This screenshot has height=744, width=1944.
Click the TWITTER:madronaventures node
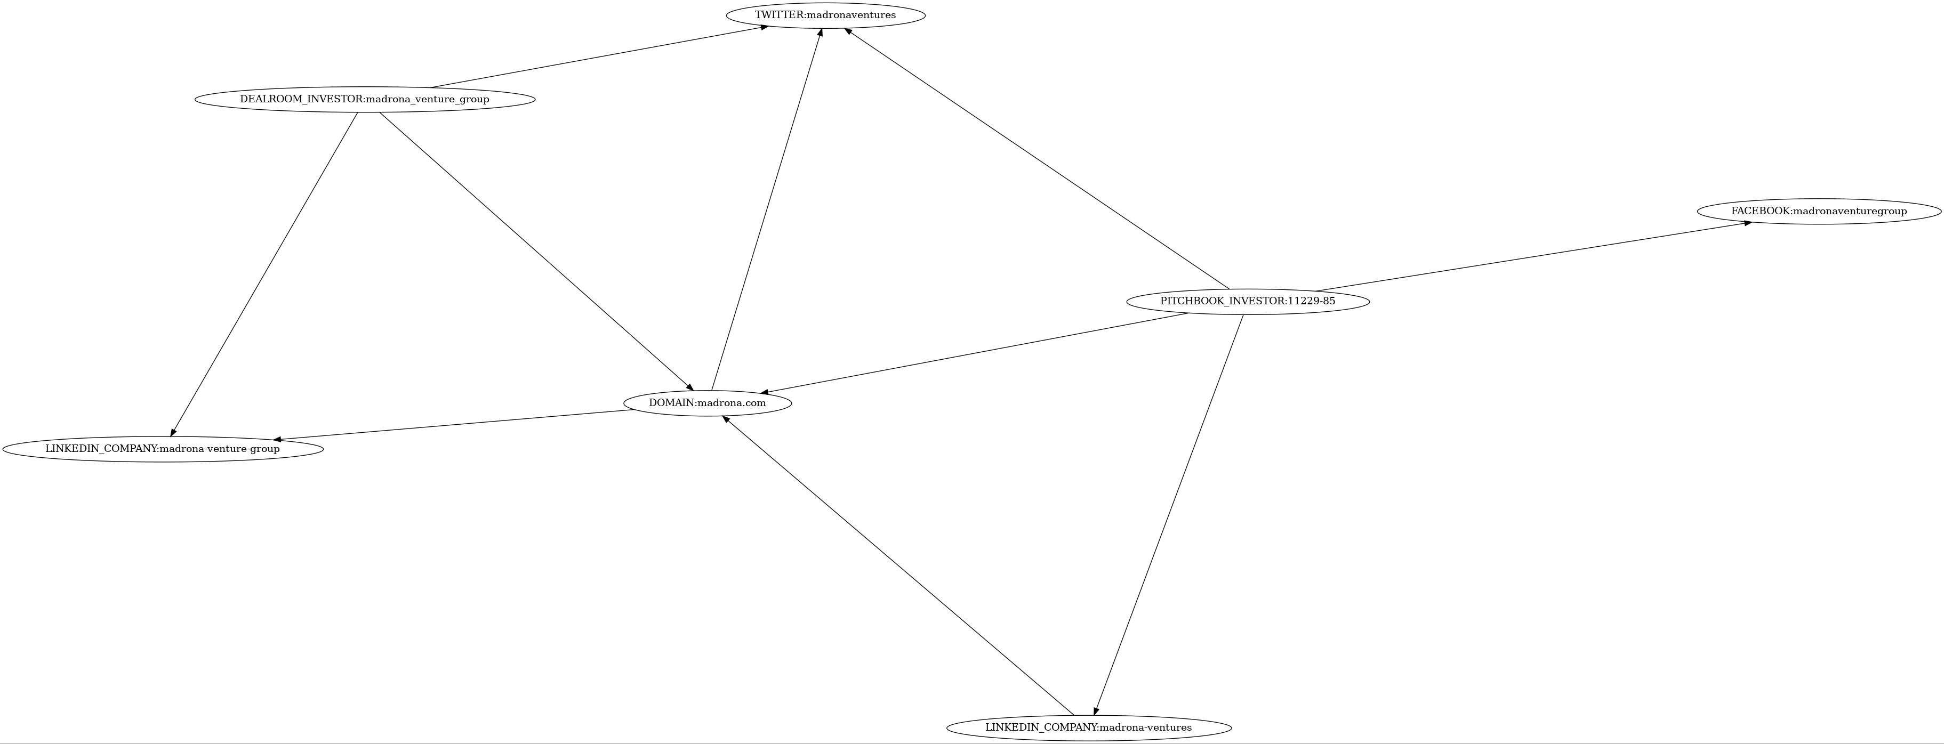(x=825, y=15)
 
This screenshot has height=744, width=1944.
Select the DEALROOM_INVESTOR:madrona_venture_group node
(x=365, y=99)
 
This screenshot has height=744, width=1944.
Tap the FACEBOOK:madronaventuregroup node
(x=1819, y=211)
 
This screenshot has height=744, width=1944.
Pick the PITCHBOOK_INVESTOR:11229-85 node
(x=1248, y=301)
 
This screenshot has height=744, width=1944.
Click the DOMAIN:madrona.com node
(x=707, y=403)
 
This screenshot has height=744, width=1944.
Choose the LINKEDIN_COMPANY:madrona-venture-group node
(x=162, y=449)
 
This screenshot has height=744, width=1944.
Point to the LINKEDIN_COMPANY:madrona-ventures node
(x=1088, y=727)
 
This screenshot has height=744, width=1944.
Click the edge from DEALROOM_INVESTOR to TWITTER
(x=599, y=56)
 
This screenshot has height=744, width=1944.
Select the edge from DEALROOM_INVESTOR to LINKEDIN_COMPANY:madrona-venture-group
(x=264, y=274)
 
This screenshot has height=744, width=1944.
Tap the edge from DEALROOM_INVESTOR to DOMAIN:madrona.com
(x=536, y=250)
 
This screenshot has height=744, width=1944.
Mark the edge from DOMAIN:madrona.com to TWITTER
(x=766, y=209)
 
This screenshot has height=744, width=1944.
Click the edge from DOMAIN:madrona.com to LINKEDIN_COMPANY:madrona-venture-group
(x=453, y=425)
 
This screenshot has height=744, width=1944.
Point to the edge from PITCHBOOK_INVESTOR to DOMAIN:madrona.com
(x=975, y=352)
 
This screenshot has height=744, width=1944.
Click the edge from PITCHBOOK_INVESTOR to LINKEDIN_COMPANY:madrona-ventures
(x=1169, y=513)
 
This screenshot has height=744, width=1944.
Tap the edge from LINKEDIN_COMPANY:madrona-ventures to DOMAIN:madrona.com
(x=898, y=564)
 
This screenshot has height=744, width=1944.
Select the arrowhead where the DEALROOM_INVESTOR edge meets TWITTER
(x=764, y=27)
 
